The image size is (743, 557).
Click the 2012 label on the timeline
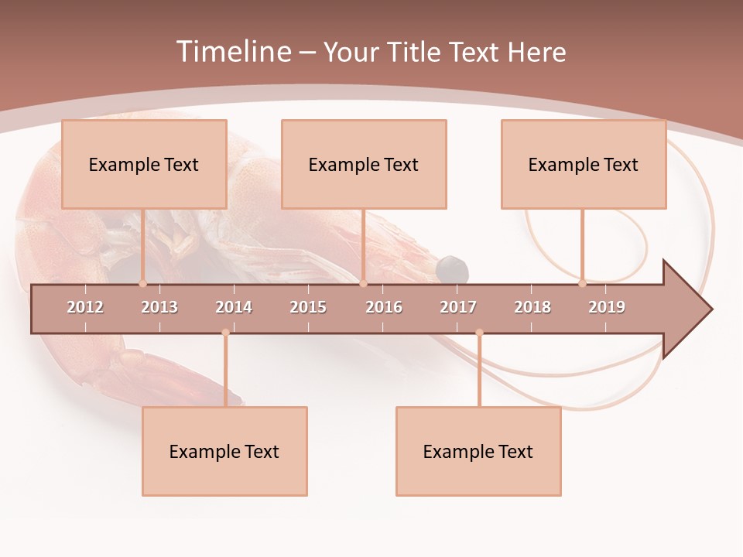pos(85,307)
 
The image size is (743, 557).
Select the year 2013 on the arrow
pos(159,307)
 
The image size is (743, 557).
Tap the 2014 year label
pos(234,307)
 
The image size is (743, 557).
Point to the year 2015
pos(308,307)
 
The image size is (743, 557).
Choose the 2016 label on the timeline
pos(384,307)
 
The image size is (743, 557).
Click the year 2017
pos(458,307)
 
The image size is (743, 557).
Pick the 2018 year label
pos(532,307)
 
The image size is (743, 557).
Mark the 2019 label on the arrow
pos(607,307)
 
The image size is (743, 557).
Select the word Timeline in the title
pos(232,52)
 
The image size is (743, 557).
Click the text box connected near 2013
pos(144,164)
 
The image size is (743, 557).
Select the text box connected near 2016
pos(364,164)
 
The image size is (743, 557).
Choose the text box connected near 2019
pos(584,164)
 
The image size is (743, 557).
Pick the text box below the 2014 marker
pos(224,451)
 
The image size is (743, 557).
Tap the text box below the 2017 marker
pos(478,451)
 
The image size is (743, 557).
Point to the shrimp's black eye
pos(452,269)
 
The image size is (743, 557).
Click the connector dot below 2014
pos(225,333)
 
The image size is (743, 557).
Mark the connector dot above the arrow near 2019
pos(583,283)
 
